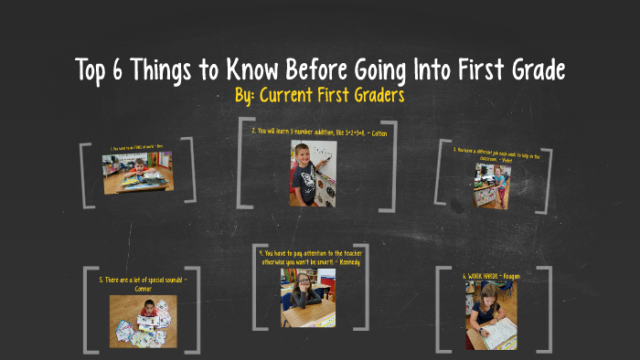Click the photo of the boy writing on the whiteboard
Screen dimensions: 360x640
[x=308, y=172]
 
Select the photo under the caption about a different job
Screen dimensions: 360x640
[x=492, y=186]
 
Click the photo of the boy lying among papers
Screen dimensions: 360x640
[x=144, y=321]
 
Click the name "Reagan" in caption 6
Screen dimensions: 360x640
[x=510, y=275]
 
